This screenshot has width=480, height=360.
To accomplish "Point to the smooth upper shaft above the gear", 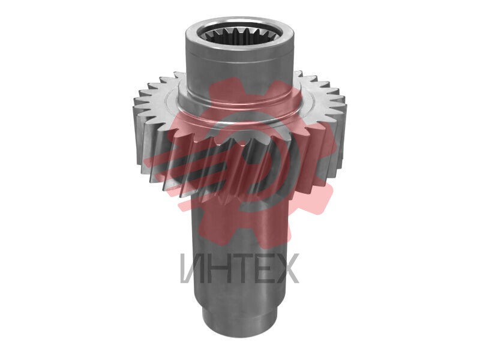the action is point(239,70).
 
